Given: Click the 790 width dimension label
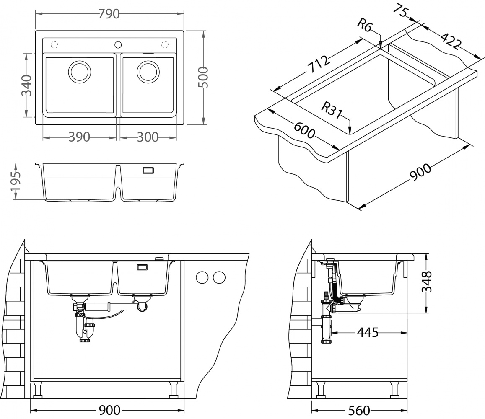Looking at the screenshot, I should [x=109, y=14].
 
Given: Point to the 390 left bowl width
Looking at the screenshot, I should [x=79, y=137].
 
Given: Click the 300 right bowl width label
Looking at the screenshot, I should [x=148, y=137].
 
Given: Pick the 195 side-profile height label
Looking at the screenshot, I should [x=15, y=181].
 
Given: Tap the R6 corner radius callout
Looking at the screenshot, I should [x=364, y=26].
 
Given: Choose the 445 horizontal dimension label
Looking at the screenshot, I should [x=368, y=333].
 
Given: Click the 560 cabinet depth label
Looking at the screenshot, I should [x=359, y=409].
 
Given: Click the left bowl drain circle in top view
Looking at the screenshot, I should [x=79, y=71].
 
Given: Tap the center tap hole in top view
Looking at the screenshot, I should [x=118, y=44].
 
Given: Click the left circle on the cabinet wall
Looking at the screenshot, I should [x=202, y=277].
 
